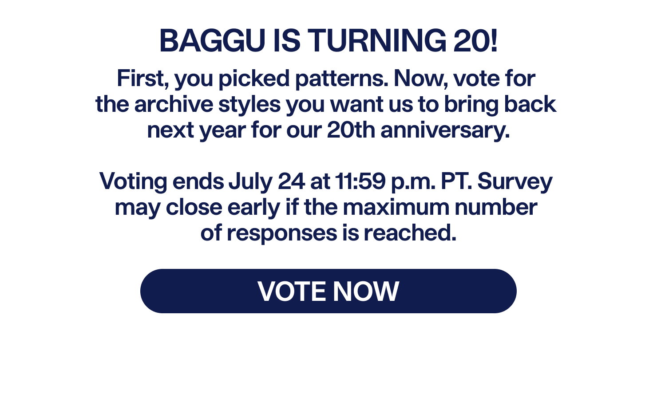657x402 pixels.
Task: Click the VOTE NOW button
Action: click(328, 291)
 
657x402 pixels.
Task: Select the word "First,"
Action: click(143, 79)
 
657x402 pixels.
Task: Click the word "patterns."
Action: click(342, 79)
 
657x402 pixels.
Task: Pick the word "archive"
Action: click(174, 104)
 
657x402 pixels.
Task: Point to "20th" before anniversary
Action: click(351, 130)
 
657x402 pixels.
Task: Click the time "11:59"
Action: click(360, 181)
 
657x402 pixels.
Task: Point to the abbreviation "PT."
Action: click(456, 181)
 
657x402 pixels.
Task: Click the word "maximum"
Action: click(396, 207)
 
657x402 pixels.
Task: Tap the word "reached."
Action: click(410, 233)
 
